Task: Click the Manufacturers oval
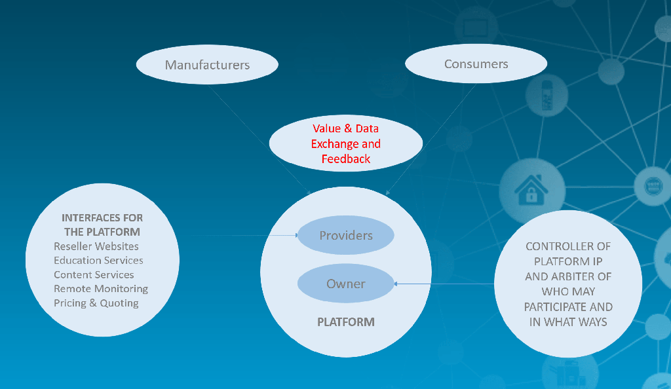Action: click(207, 65)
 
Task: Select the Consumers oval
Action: click(476, 64)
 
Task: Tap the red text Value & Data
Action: click(345, 128)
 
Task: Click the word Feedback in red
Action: click(346, 159)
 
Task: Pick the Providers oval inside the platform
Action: click(346, 235)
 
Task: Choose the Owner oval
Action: click(346, 284)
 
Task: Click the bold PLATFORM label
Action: click(346, 322)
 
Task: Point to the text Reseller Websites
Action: click(96, 246)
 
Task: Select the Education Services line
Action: click(98, 261)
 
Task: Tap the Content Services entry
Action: click(94, 274)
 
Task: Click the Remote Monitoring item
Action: click(101, 289)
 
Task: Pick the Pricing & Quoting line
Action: click(96, 303)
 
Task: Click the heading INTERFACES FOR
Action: click(102, 217)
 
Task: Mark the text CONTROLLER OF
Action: click(568, 247)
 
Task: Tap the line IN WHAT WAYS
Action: click(568, 322)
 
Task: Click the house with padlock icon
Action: click(531, 189)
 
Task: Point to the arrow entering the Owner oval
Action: click(444, 284)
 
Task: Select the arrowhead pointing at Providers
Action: click(297, 235)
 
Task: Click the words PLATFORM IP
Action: click(568, 261)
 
